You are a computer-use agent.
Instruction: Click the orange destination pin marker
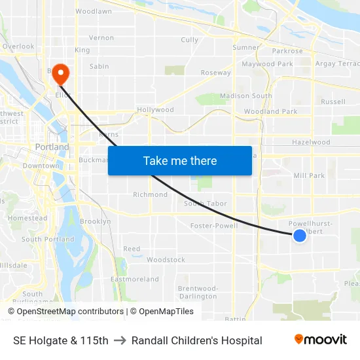pos(60,73)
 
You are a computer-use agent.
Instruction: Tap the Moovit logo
pos(320,340)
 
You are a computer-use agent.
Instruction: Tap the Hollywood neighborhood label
pos(155,110)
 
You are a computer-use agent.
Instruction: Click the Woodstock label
pos(166,260)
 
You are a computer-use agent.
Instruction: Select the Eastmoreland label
pos(135,279)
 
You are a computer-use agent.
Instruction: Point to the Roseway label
pos(215,73)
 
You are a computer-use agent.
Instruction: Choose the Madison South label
pos(245,96)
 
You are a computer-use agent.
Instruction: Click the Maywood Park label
pos(267,64)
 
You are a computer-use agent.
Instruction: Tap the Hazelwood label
pos(311,142)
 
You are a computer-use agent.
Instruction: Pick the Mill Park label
pos(309,175)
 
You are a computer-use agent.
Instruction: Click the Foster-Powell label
pos(213,226)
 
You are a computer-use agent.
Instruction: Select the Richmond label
pos(150,194)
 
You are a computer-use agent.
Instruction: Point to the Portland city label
pos(52,147)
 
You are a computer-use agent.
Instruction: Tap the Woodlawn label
pos(94,12)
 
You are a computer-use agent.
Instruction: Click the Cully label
pos(189,40)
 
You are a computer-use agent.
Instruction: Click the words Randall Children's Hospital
pos(196,340)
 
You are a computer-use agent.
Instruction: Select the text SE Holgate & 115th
pos(60,340)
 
